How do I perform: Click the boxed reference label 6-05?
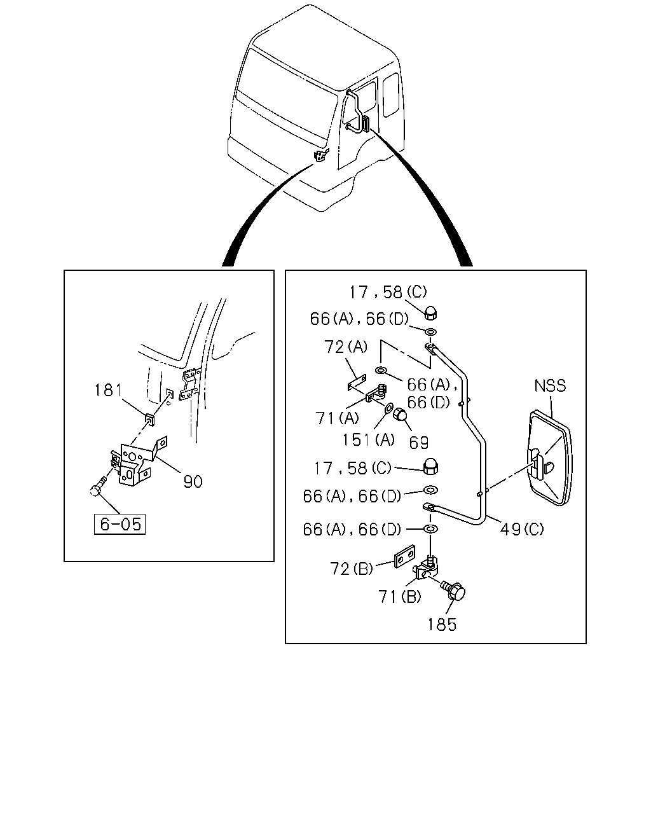(x=120, y=524)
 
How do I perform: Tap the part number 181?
(x=108, y=390)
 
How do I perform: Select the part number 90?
(x=193, y=481)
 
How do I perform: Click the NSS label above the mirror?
(x=550, y=386)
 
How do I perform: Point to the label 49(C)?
(x=522, y=529)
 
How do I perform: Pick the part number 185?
(x=442, y=624)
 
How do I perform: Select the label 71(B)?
(x=400, y=597)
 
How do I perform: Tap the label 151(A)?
(x=368, y=439)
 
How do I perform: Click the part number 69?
(x=419, y=443)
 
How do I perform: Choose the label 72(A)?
(x=346, y=347)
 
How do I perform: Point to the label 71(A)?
(x=337, y=418)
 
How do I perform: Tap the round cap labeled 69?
(x=399, y=415)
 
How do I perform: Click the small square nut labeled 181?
(x=150, y=418)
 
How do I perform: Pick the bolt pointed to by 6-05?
(x=98, y=486)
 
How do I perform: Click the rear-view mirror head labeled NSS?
(x=550, y=458)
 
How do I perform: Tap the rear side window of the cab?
(x=391, y=95)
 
